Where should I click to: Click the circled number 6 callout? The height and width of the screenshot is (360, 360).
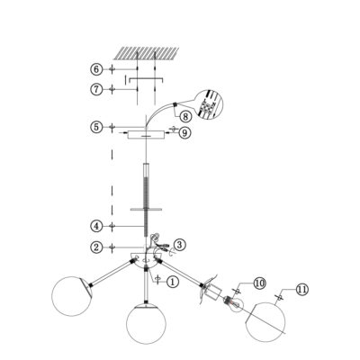tap(96, 69)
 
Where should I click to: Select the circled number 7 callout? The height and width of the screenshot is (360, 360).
tap(96, 89)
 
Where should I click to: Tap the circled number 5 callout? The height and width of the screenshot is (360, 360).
tap(96, 127)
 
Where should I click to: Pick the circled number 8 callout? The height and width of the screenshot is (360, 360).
tap(185, 116)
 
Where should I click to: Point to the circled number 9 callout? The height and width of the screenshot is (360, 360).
tap(184, 132)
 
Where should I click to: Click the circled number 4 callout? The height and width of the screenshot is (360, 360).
tap(96, 226)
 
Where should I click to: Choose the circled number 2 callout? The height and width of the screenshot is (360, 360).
tap(96, 247)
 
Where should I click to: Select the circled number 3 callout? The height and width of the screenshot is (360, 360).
tap(180, 245)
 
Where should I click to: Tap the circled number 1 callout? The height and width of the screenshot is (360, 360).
tap(172, 282)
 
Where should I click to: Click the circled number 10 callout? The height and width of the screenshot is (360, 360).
tap(260, 283)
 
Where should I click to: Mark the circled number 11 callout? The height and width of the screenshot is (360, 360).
tap(302, 289)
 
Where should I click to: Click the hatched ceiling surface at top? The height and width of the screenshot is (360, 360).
tap(146, 53)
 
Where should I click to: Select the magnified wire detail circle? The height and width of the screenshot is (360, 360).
tap(208, 104)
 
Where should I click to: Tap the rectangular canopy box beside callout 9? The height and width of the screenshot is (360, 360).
tap(146, 135)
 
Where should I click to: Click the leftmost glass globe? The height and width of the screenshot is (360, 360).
tap(71, 296)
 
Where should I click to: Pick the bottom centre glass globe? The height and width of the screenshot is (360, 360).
tap(146, 323)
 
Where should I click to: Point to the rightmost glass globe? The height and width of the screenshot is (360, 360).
tap(265, 321)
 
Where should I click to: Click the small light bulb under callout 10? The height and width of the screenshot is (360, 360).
tap(235, 303)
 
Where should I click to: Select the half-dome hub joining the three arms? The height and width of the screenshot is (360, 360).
tap(146, 262)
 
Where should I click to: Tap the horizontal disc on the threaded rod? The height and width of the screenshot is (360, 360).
tap(146, 209)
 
